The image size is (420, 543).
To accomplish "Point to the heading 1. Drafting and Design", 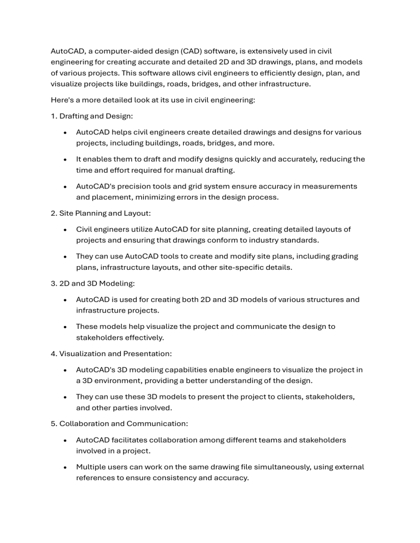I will click(86, 116).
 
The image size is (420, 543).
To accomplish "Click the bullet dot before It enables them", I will click(66, 160).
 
